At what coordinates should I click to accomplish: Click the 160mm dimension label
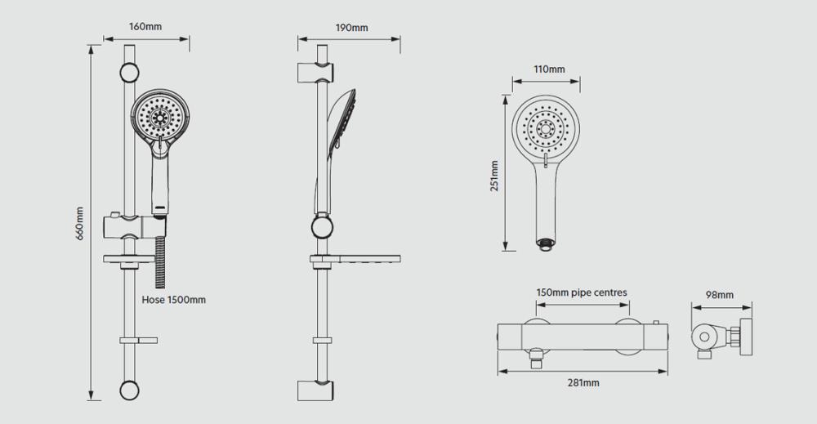[145, 27]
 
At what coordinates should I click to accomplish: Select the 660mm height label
[79, 224]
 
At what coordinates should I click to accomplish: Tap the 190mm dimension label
[351, 28]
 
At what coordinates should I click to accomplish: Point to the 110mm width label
[549, 69]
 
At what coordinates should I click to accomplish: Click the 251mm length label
[494, 176]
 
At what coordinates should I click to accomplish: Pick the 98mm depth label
[720, 295]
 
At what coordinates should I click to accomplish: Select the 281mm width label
[583, 383]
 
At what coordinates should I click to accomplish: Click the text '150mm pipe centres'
[582, 292]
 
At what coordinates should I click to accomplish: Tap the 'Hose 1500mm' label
[173, 300]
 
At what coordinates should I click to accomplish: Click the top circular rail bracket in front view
[129, 73]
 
